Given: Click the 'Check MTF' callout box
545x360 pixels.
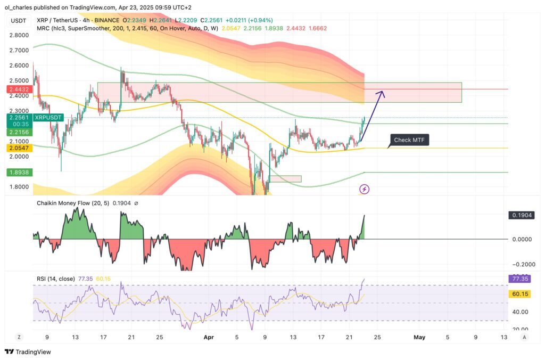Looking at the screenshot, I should coord(409,140).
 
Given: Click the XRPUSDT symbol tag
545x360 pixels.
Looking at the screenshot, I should coord(48,117).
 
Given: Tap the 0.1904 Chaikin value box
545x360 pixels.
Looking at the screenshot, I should coord(519,215).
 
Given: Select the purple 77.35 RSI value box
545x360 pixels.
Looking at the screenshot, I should coord(519,278).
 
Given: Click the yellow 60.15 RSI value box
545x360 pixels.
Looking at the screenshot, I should coord(519,293).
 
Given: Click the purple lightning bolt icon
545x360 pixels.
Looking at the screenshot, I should coord(365,189).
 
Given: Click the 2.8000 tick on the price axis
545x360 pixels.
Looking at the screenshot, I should coord(19,35).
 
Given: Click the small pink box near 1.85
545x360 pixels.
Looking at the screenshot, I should coord(285,179).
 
